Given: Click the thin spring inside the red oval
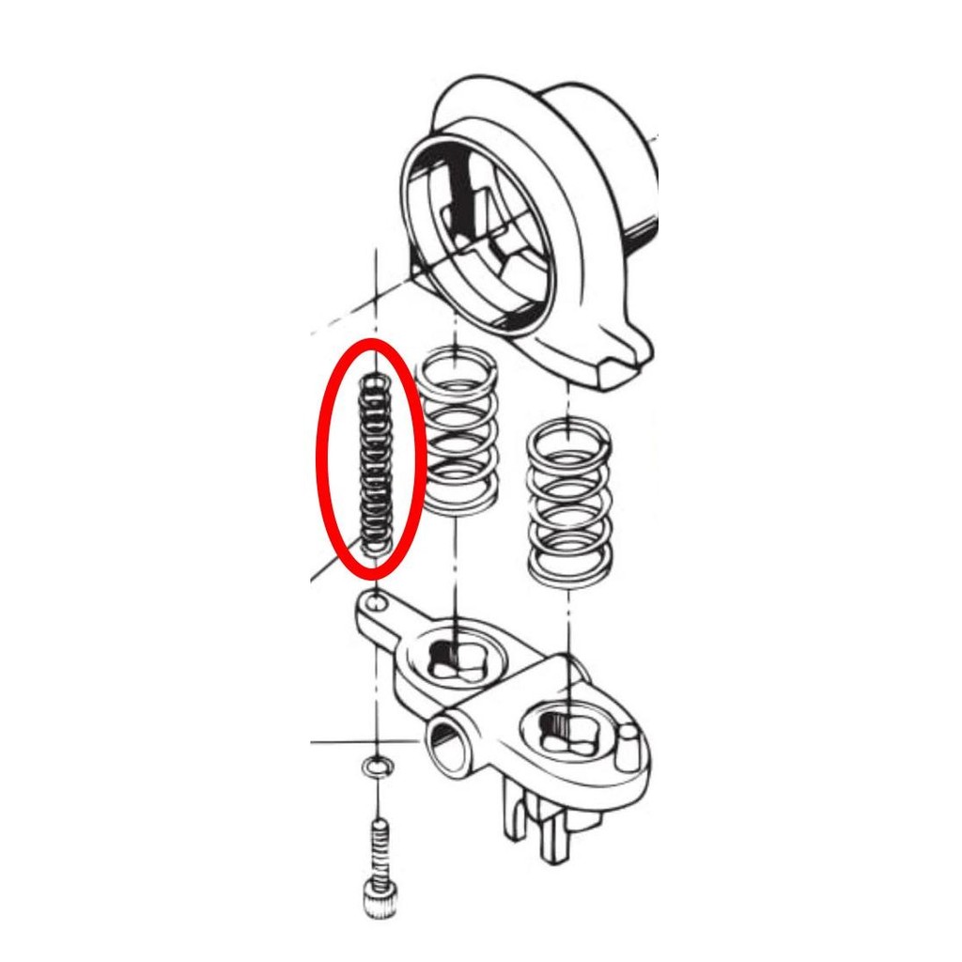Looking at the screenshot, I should [375, 460].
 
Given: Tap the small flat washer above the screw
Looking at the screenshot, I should [378, 768].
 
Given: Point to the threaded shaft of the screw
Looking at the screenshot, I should [377, 846].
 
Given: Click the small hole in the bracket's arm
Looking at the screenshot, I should [376, 602].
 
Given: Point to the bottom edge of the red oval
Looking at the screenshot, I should [372, 573].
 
